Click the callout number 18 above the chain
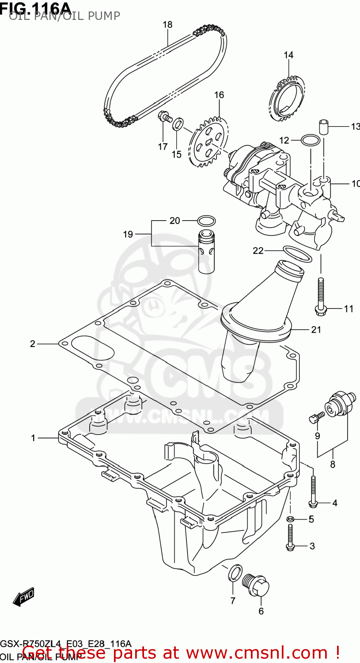coord(167,25)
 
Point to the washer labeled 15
coord(178,124)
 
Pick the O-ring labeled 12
coord(311,141)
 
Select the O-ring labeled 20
coord(206,221)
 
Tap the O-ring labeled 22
coord(297,253)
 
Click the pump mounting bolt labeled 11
coord(320,296)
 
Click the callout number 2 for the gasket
coord(33,343)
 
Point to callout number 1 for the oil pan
coord(33,438)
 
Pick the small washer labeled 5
coord(290,518)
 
